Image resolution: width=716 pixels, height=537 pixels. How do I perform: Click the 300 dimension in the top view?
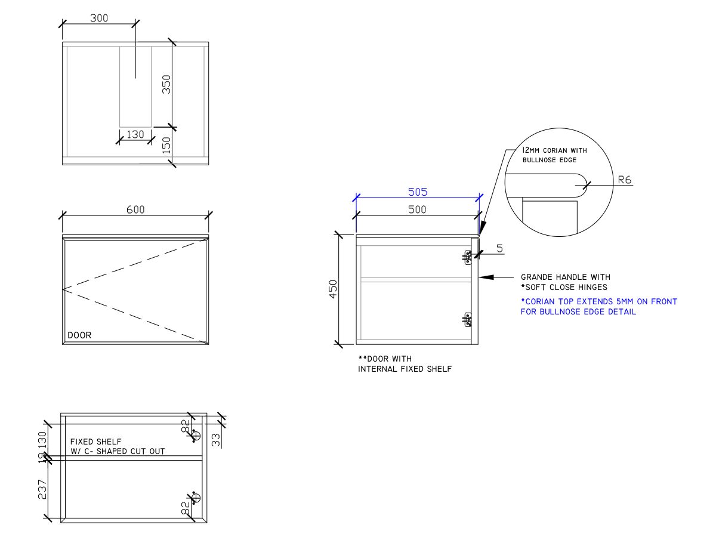(x=99, y=18)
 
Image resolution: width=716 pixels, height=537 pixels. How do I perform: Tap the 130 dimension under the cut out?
(x=135, y=135)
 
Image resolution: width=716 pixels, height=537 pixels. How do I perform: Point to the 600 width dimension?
(x=135, y=209)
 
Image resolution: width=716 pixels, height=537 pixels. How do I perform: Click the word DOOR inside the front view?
(x=79, y=335)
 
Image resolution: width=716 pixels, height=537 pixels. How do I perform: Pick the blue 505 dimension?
(x=418, y=192)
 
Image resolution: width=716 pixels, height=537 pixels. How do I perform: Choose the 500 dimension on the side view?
(x=418, y=209)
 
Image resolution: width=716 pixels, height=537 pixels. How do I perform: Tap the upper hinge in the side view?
(x=468, y=257)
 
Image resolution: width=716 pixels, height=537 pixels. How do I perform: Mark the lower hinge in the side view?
(x=468, y=320)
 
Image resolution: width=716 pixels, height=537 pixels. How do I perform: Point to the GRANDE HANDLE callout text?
(x=565, y=282)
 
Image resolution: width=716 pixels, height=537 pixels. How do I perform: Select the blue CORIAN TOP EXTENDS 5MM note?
(x=598, y=306)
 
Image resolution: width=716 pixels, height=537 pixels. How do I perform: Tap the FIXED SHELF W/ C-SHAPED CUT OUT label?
(x=117, y=446)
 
